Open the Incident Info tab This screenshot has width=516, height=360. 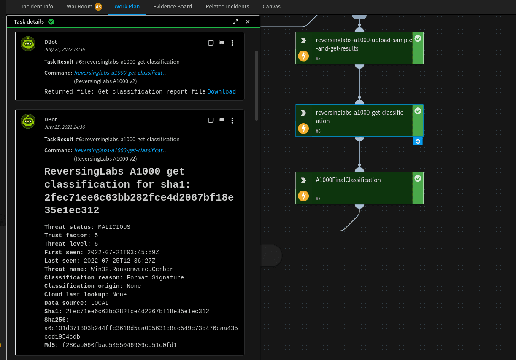[x=37, y=7]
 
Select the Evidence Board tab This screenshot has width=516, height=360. [x=173, y=7]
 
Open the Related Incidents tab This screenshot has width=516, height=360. [x=227, y=7]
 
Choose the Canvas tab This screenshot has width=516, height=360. [x=271, y=7]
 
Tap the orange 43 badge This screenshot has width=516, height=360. [x=98, y=7]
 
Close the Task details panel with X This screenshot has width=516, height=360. [x=248, y=21]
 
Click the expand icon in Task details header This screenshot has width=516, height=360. [x=235, y=21]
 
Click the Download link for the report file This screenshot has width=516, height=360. [x=222, y=91]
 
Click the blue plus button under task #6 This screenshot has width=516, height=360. [x=418, y=141]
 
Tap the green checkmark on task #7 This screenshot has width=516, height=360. [x=418, y=179]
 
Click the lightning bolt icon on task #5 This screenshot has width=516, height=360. [x=303, y=56]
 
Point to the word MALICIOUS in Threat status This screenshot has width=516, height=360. [x=114, y=227]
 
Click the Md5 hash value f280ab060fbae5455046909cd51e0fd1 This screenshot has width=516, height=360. [x=119, y=345]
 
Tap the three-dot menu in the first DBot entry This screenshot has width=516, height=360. [x=232, y=43]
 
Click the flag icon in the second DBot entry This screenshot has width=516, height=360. [x=222, y=121]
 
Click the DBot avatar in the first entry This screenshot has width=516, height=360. [x=28, y=43]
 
